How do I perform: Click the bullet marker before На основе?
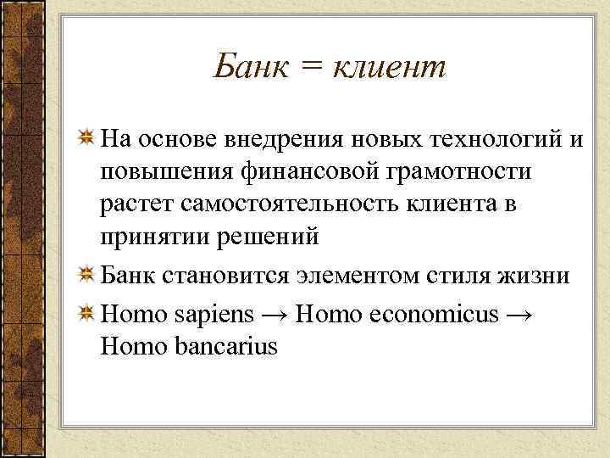(x=86, y=139)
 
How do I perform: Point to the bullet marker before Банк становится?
(x=86, y=275)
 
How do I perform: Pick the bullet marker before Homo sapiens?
(x=86, y=314)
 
